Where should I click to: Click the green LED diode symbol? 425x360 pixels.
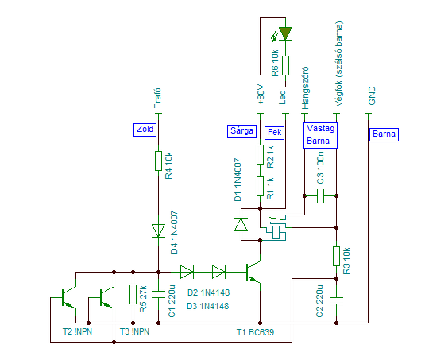click(x=285, y=33)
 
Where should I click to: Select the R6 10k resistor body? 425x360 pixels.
click(x=285, y=66)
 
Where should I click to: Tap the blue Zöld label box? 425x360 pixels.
click(x=145, y=130)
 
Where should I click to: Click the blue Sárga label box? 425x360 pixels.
click(x=241, y=131)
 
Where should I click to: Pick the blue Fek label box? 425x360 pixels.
click(x=274, y=133)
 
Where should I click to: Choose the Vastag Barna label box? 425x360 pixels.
click(x=320, y=136)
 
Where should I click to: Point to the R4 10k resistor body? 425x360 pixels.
click(x=158, y=161)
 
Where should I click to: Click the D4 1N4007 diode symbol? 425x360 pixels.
click(x=158, y=230)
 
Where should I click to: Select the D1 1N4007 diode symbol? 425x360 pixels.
click(x=241, y=224)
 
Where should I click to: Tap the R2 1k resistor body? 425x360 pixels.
click(x=260, y=154)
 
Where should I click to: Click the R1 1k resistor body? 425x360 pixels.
click(x=260, y=186)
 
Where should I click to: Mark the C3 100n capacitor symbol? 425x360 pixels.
click(x=320, y=195)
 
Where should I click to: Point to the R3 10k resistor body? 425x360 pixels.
click(x=336, y=256)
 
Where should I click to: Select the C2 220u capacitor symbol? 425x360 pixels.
click(x=336, y=300)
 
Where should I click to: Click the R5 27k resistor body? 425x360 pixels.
click(x=133, y=294)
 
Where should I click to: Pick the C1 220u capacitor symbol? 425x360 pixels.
click(x=158, y=294)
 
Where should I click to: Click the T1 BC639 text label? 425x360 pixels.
click(x=255, y=332)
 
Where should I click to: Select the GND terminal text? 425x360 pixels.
click(x=372, y=95)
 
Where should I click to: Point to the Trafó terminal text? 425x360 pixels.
click(x=157, y=98)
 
